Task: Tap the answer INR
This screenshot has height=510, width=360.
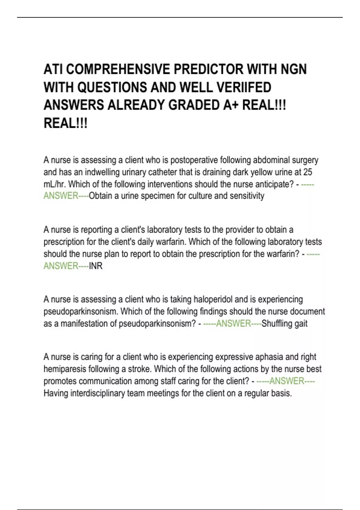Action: pos(96,266)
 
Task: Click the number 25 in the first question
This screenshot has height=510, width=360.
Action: pos(307,172)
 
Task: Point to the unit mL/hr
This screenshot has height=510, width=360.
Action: pos(55,184)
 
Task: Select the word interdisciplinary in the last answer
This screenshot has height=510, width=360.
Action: pos(97,393)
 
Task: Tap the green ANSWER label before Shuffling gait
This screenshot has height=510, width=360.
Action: pos(233,324)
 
